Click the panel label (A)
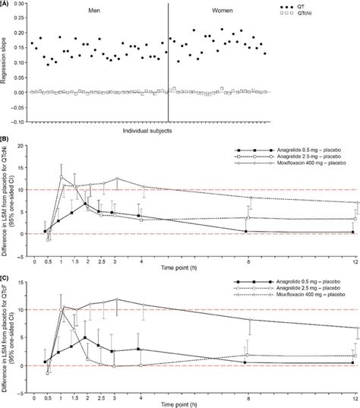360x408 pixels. coord(6,4)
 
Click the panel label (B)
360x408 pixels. coord(6,139)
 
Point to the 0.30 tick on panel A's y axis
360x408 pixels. coord(24,4)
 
